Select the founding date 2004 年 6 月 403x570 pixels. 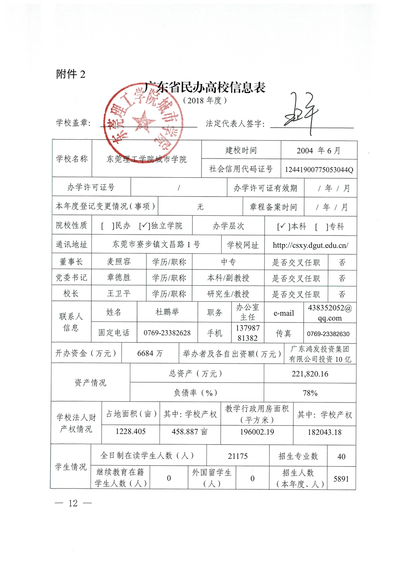pos(318,150)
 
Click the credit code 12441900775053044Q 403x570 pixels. pos(319,170)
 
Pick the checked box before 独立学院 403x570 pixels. pos(144,226)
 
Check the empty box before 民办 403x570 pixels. pos(105,226)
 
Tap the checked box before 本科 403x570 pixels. pos(282,227)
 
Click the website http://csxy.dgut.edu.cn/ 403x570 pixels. pos(310,245)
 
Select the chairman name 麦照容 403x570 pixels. pos(119,262)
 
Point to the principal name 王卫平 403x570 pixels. pos(119,294)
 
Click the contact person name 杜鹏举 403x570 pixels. pos(167,312)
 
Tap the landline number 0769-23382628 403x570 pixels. pos(167,333)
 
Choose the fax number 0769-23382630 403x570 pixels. pos(328,334)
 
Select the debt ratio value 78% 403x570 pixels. pos(310,393)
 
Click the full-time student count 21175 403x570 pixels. pos(238,456)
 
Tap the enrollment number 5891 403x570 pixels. pos(341,478)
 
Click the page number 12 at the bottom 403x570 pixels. pos(73,503)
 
